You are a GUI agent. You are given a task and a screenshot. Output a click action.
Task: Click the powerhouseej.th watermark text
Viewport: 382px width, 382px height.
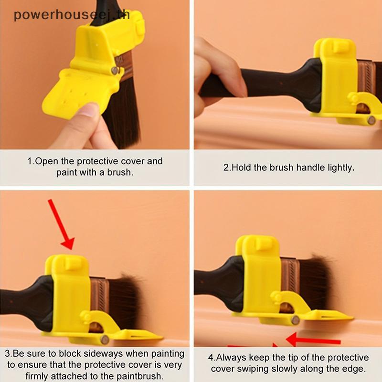coord(72,15)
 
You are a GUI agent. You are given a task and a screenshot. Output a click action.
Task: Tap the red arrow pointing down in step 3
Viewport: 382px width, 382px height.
coord(62,224)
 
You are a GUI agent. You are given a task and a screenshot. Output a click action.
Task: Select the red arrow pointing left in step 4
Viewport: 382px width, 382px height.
coord(313,340)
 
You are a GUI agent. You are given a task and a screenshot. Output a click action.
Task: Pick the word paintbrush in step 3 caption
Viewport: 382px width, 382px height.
coord(139,376)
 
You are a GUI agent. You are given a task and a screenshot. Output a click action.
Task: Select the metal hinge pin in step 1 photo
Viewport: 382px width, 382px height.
coord(114,71)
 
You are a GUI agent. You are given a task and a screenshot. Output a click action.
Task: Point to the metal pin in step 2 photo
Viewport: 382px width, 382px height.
coord(371,120)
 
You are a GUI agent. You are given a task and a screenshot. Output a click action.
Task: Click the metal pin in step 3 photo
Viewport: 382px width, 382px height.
coord(105,340)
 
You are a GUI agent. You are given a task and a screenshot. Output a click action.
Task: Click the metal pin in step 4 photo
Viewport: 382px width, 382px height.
coord(296,320)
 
